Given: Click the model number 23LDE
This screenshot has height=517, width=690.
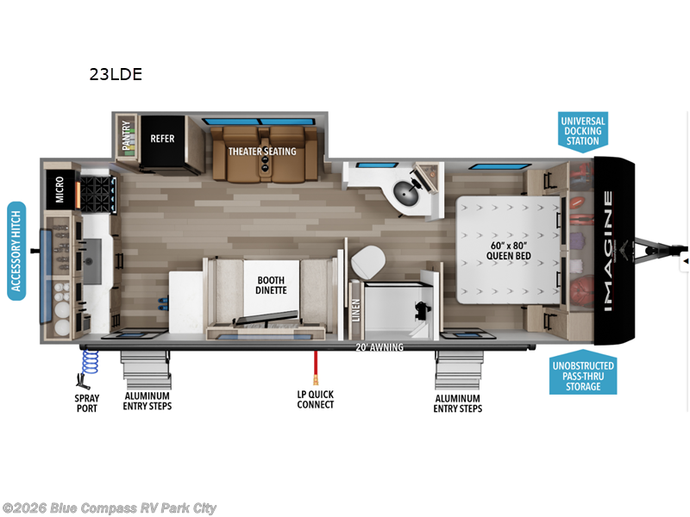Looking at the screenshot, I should pos(115,74).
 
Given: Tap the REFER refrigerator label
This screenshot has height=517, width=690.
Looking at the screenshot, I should pos(162,138).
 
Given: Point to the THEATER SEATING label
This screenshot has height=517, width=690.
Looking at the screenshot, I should pos(261,152).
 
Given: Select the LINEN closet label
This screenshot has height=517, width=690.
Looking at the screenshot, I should pos(355,309).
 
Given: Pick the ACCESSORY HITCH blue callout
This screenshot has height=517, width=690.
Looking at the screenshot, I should pos(16,251).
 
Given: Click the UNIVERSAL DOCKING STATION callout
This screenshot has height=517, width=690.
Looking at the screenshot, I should pos(583,132).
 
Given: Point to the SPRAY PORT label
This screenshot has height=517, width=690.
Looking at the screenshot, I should pos(86,403).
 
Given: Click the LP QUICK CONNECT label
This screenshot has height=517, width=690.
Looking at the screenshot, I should pos(315,400).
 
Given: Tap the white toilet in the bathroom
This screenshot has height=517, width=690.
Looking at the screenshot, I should pos(368,258).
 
